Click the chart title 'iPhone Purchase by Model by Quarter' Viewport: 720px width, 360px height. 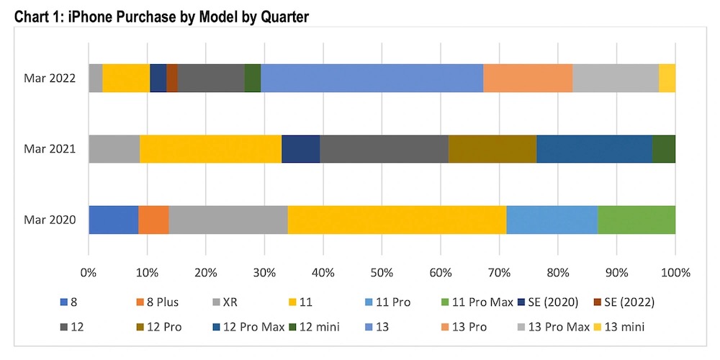188,15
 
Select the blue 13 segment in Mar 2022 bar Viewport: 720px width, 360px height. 371,78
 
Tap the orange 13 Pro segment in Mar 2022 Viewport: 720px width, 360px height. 528,78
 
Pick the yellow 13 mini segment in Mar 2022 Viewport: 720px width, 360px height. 667,78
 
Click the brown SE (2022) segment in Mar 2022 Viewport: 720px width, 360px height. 172,78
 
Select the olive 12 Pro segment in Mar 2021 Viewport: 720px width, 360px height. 492,149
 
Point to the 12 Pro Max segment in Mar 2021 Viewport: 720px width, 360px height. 594,149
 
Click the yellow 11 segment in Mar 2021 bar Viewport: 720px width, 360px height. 210,149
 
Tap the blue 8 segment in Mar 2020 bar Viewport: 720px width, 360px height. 113,220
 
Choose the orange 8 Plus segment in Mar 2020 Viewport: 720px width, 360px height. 153,220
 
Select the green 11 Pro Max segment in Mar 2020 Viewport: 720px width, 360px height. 636,220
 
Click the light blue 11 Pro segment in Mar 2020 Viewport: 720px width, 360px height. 552,220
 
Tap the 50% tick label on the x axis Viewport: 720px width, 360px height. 382,273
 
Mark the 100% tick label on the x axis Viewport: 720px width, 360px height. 675,273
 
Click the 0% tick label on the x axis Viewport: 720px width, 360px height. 89,273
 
